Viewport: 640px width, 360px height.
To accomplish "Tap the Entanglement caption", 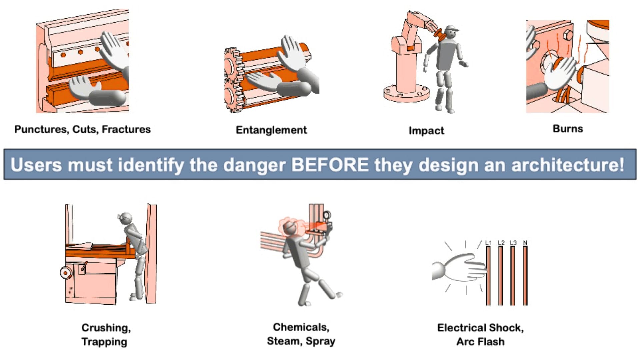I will pos(271,130).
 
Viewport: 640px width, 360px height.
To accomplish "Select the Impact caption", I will pos(426,131).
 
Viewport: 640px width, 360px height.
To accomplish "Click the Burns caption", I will pos(568,129).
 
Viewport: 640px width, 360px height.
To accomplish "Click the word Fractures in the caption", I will pos(126,129).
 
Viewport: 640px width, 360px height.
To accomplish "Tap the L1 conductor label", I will pos(488,243).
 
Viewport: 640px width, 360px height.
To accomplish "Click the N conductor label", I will pos(525,243).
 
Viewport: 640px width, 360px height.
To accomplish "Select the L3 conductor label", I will pos(513,243).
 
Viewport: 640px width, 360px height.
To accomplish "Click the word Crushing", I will pos(106,328).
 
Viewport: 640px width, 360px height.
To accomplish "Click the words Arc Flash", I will pos(480,342).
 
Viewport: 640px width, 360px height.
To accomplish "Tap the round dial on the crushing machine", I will pos(66,273).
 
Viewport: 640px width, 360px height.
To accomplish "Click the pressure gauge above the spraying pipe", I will pos(327,215).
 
